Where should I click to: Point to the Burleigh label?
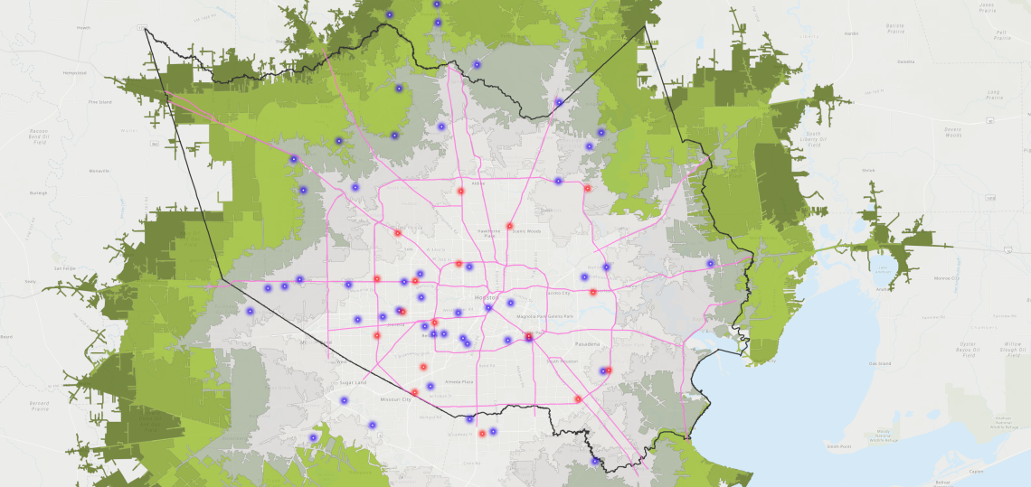[38, 192]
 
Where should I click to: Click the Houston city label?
[485, 297]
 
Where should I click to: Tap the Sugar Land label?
[354, 383]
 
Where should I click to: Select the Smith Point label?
[838, 445]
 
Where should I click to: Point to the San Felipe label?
[63, 268]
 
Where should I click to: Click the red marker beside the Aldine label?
[460, 191]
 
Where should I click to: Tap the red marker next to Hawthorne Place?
[510, 226]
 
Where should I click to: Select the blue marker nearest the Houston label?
[488, 308]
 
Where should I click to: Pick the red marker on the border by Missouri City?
[414, 392]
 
